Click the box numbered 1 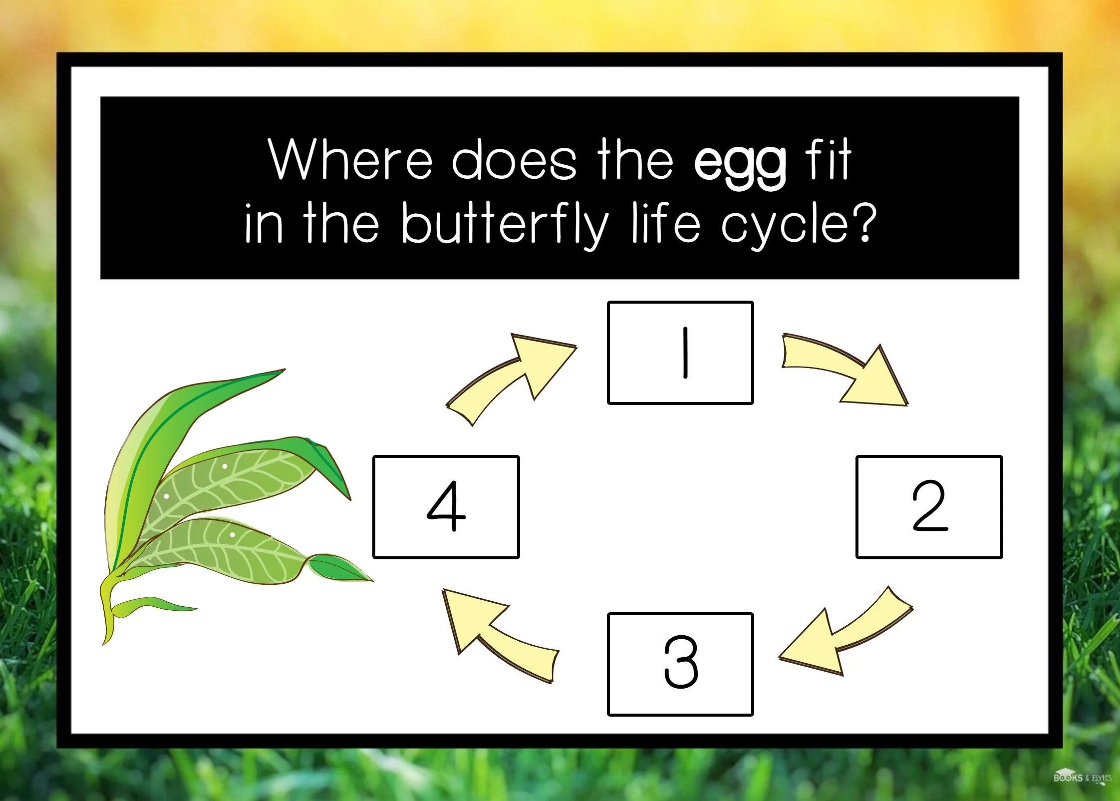pyautogui.click(x=680, y=353)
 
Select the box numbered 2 pyautogui.click(x=929, y=506)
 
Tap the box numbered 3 pyautogui.click(x=680, y=664)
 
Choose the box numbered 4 pyautogui.click(x=446, y=506)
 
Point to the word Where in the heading pyautogui.click(x=350, y=160)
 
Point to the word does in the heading pyautogui.click(x=514, y=161)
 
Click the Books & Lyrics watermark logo pyautogui.click(x=1082, y=778)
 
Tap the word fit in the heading pyautogui.click(x=828, y=160)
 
